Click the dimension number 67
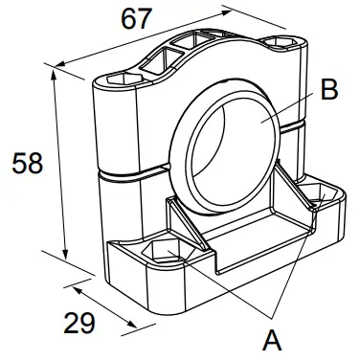(x=137, y=19)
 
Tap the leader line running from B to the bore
(x=287, y=107)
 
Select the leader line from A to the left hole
(x=220, y=288)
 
